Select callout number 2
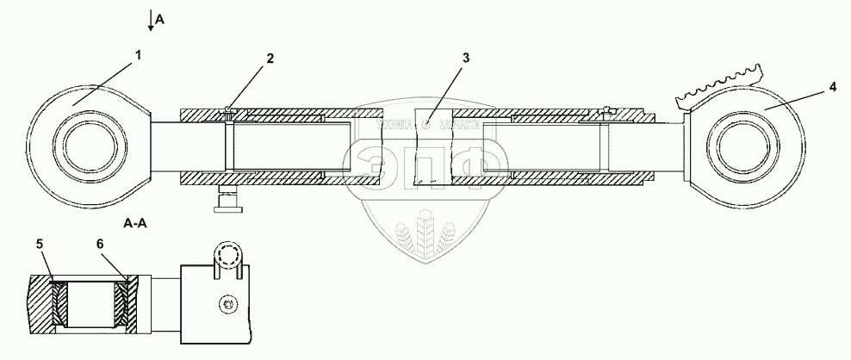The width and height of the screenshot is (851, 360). tap(270, 59)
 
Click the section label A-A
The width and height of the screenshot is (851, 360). tap(135, 223)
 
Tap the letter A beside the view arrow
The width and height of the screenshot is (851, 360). tap(159, 12)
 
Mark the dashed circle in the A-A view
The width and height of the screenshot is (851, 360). tap(230, 258)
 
